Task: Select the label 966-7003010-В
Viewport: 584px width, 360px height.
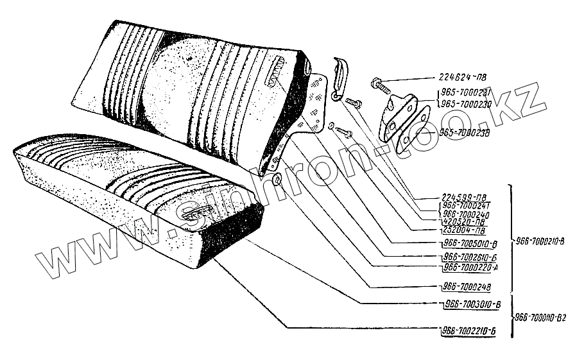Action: click(471, 304)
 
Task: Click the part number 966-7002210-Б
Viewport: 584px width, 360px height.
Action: click(470, 331)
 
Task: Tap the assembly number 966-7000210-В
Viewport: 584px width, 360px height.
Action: click(540, 242)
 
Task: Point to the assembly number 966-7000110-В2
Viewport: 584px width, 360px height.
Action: click(542, 317)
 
